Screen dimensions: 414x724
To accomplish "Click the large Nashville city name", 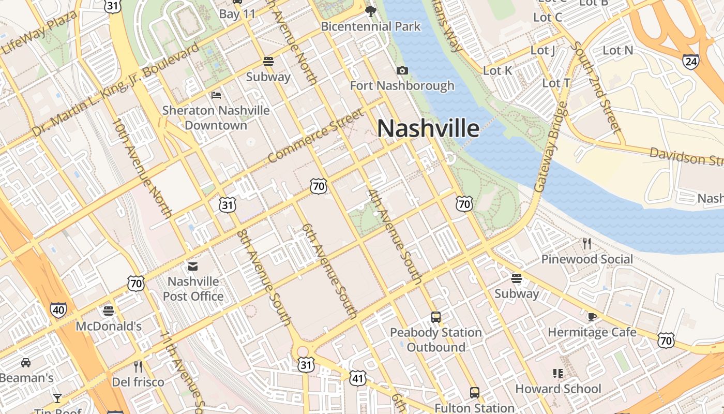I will pos(428,128).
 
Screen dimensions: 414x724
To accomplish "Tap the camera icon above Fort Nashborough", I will pos(402,70).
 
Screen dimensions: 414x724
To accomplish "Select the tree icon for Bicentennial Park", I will pos(370,10).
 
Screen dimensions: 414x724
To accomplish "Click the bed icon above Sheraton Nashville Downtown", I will pos(216,95).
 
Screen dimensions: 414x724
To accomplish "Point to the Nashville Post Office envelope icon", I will pos(193,267).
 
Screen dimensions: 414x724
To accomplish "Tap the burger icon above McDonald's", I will pos(108,310).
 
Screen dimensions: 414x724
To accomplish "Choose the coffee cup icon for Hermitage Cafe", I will pos(592,316).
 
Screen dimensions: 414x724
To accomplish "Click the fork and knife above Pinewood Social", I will pos(586,243).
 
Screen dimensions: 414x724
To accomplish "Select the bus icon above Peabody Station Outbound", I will pos(436,317).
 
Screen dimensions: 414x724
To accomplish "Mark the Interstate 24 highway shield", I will pos(690,62).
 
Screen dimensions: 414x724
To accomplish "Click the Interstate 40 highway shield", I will pos(58,309).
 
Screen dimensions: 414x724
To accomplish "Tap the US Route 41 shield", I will pos(357,378).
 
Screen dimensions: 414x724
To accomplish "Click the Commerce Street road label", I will pos(316,136).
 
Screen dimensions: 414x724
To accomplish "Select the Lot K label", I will pos(497,70).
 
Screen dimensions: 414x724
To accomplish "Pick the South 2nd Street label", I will pos(595,87).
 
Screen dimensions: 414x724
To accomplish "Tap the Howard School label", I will pos(558,389).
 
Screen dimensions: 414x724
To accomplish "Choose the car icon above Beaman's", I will pos(25,362).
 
